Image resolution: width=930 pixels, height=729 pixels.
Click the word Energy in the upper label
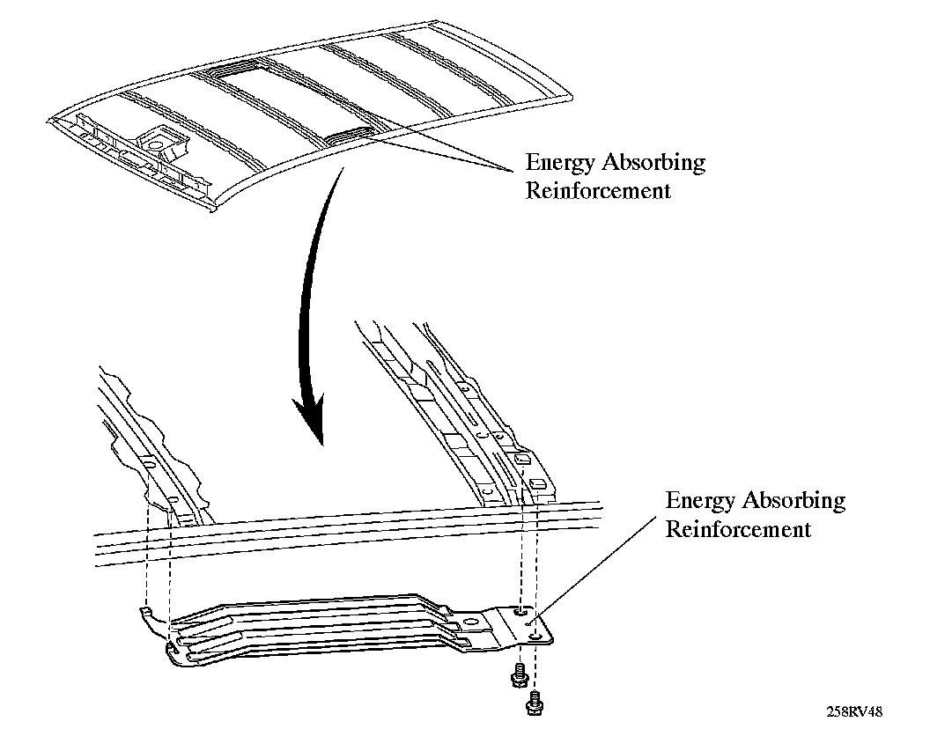tap(557, 164)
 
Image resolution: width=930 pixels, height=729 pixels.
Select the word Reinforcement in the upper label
tap(598, 190)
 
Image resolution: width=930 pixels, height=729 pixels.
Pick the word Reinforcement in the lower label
tap(738, 529)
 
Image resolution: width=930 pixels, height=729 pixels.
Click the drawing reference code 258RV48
tap(853, 711)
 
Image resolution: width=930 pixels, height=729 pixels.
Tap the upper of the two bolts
tap(518, 675)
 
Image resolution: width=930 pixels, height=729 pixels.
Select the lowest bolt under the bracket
tap(533, 702)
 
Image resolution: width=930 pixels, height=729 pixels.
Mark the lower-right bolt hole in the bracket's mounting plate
tap(535, 633)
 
